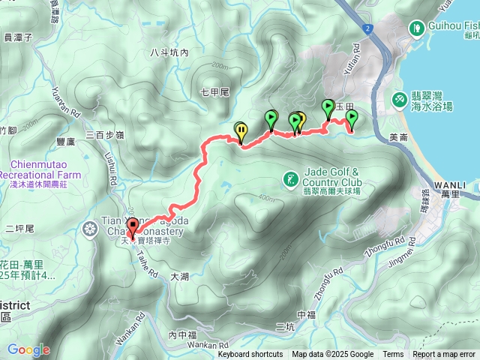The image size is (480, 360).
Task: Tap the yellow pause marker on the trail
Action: pyautogui.click(x=241, y=131)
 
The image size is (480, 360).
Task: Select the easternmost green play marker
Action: pyautogui.click(x=350, y=118)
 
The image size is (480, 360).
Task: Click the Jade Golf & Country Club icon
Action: pyautogui.click(x=290, y=179)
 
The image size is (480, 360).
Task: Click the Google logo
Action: pyautogui.click(x=28, y=349)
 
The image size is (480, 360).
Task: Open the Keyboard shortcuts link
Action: pyautogui.click(x=250, y=355)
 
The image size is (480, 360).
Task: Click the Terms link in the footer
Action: pyautogui.click(x=393, y=355)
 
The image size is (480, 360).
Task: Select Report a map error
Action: pyautogui.click(x=445, y=355)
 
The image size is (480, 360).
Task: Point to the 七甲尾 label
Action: pyautogui.click(x=214, y=92)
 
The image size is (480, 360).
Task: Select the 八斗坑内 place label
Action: pyautogui.click(x=169, y=52)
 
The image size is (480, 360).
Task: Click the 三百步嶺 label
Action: pyautogui.click(x=104, y=135)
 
